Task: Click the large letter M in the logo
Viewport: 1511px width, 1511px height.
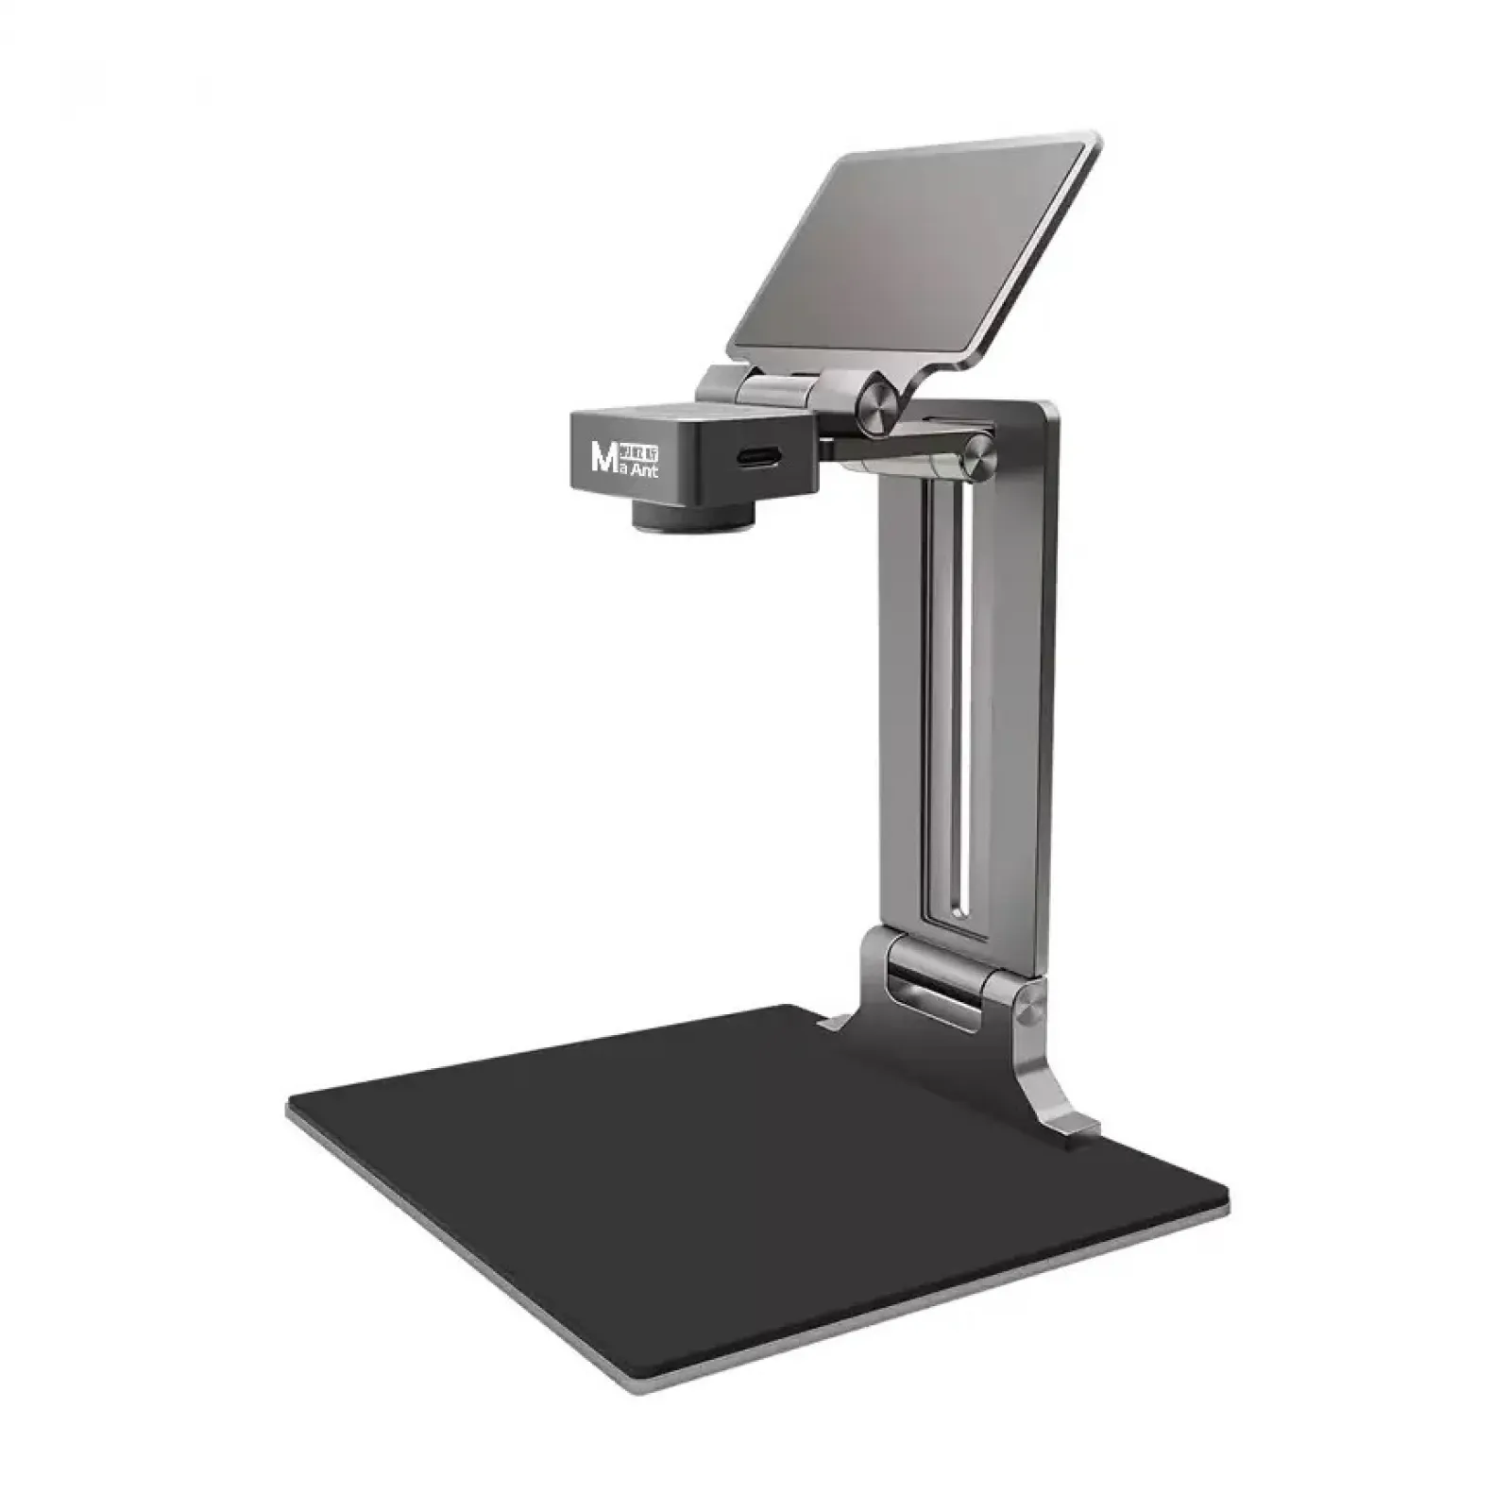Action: click(602, 457)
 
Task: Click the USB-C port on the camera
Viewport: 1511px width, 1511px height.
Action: click(756, 457)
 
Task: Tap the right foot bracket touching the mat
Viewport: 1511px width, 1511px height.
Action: click(1067, 1124)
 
